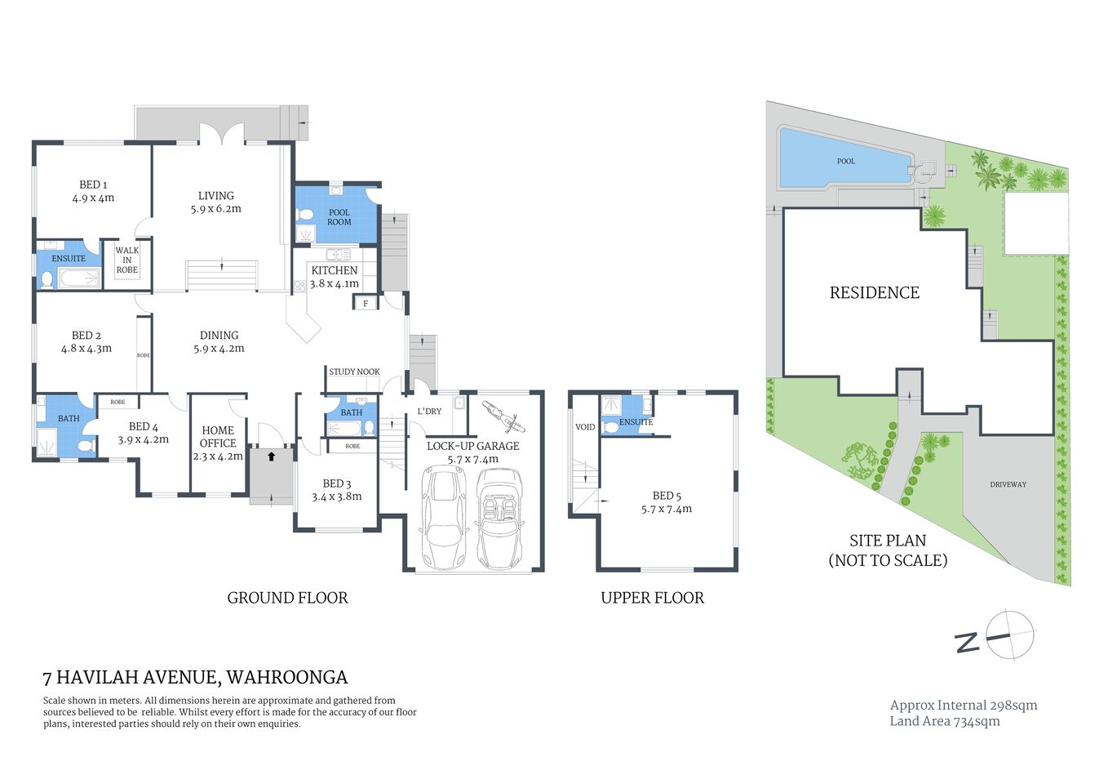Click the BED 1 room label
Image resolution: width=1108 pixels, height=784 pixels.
pos(93,191)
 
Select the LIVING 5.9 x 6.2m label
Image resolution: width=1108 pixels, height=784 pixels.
pos(216,202)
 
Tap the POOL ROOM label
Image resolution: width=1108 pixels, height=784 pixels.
pos(339,217)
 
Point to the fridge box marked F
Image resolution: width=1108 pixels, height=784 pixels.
pos(366,304)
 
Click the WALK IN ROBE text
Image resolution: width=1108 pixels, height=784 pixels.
pos(127,260)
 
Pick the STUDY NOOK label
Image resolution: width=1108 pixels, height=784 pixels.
pos(354,372)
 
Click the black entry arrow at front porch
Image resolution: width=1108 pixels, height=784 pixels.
pos(271,457)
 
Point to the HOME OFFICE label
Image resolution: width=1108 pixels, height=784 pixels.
pos(218,443)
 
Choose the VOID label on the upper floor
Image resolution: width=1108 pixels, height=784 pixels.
pos(585,427)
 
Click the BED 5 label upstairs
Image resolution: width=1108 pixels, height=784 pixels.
pos(667,502)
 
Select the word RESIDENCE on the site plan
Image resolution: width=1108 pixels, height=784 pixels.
pos(874,292)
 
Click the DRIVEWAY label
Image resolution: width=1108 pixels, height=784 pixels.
pos(1008,484)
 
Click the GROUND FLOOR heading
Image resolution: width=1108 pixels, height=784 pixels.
pos(287,598)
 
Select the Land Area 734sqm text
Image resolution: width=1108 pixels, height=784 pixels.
pos(944,721)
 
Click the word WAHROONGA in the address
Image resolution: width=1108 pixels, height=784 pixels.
pos(286,677)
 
